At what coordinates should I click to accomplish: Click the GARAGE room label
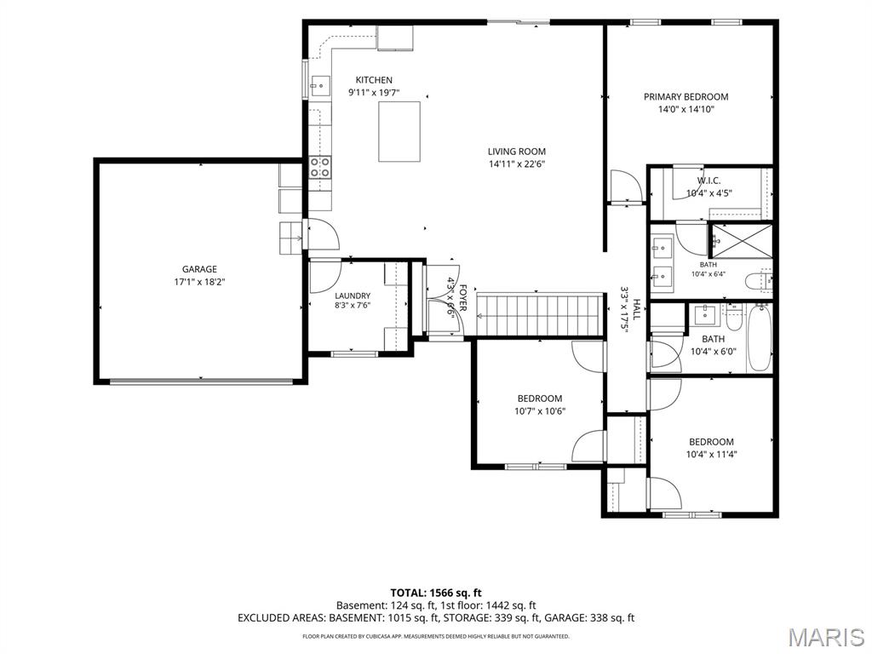click(x=199, y=269)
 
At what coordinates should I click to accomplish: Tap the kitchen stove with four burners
click(x=320, y=167)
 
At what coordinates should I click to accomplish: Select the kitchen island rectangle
click(x=399, y=132)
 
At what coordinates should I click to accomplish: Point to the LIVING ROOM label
click(x=517, y=152)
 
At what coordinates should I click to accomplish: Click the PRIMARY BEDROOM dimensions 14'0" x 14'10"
click(x=686, y=110)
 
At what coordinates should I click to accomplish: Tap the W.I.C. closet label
click(x=708, y=181)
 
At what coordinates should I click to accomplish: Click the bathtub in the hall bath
click(x=759, y=337)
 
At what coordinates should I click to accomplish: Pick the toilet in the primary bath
click(x=758, y=280)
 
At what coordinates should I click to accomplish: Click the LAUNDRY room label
click(x=353, y=295)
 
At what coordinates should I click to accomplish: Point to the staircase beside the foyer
click(x=540, y=315)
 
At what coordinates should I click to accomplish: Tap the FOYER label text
click(x=462, y=297)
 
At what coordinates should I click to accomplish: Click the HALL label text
click(x=637, y=309)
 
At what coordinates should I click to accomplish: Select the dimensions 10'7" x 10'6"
click(x=539, y=411)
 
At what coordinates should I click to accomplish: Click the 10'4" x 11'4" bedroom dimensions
click(x=711, y=455)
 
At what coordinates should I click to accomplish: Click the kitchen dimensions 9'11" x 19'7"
click(x=374, y=93)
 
